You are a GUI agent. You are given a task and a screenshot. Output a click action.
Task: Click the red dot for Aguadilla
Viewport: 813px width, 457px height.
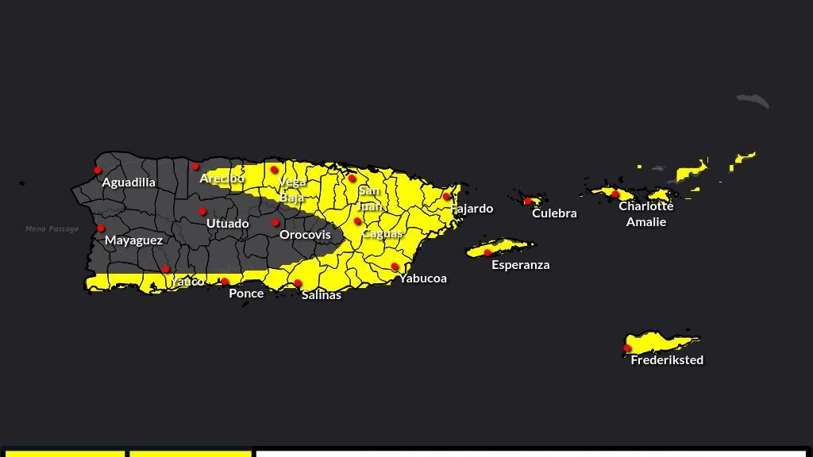[x=98, y=170]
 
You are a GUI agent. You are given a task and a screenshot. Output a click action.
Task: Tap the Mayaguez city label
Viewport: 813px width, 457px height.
[x=133, y=240]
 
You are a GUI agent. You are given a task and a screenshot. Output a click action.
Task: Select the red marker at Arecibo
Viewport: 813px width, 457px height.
[x=195, y=166]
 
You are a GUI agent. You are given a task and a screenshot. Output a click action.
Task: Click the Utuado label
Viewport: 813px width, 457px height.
[x=227, y=224]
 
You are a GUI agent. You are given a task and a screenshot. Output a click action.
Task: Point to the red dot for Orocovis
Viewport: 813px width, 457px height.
[x=275, y=222]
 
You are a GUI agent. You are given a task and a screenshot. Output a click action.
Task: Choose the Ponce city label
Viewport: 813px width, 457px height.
[x=246, y=294]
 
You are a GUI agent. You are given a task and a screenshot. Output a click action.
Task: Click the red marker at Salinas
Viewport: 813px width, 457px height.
[x=298, y=283]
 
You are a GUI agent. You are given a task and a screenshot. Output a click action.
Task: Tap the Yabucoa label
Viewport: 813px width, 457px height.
[x=422, y=278]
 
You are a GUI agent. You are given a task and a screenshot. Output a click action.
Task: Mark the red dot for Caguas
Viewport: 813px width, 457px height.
[x=358, y=221]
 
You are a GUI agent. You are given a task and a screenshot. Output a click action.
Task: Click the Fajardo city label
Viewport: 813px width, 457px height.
[x=472, y=209]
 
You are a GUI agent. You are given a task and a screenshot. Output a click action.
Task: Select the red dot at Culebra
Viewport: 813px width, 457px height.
[x=527, y=201]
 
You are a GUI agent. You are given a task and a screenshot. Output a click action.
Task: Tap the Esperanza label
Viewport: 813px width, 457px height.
[x=520, y=265]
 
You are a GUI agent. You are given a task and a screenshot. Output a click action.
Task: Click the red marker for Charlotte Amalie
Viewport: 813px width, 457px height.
[x=615, y=194]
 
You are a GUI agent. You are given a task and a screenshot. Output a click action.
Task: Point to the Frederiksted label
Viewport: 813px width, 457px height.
[x=667, y=360]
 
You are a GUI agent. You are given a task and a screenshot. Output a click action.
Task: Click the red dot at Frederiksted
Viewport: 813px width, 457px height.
[x=627, y=348]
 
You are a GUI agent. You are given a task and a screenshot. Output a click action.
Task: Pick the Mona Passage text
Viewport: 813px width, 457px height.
[x=52, y=229]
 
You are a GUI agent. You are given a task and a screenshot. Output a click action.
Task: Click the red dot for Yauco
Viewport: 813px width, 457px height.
[x=165, y=269]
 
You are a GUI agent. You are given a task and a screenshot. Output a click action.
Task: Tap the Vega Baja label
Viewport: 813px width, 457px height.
[x=292, y=190]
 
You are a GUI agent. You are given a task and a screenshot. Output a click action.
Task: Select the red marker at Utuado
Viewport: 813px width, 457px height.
[x=202, y=211]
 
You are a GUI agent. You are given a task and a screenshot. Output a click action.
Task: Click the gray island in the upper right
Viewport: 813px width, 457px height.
[x=753, y=100]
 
